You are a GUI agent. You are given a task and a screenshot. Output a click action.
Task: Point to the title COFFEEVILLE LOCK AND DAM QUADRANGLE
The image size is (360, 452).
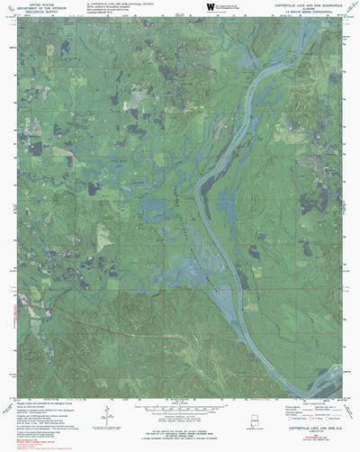(x=306, y=5)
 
